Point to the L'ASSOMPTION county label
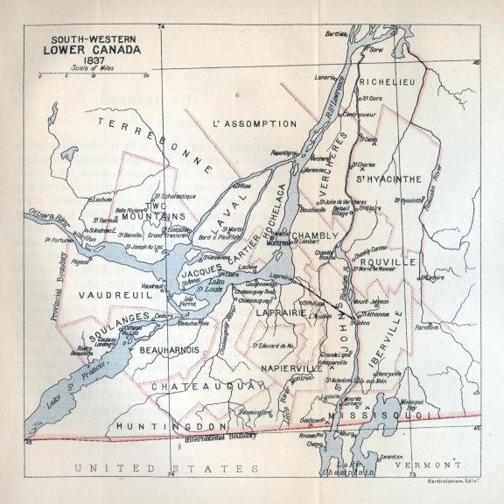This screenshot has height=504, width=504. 255,125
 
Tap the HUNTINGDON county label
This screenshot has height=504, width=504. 157,425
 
